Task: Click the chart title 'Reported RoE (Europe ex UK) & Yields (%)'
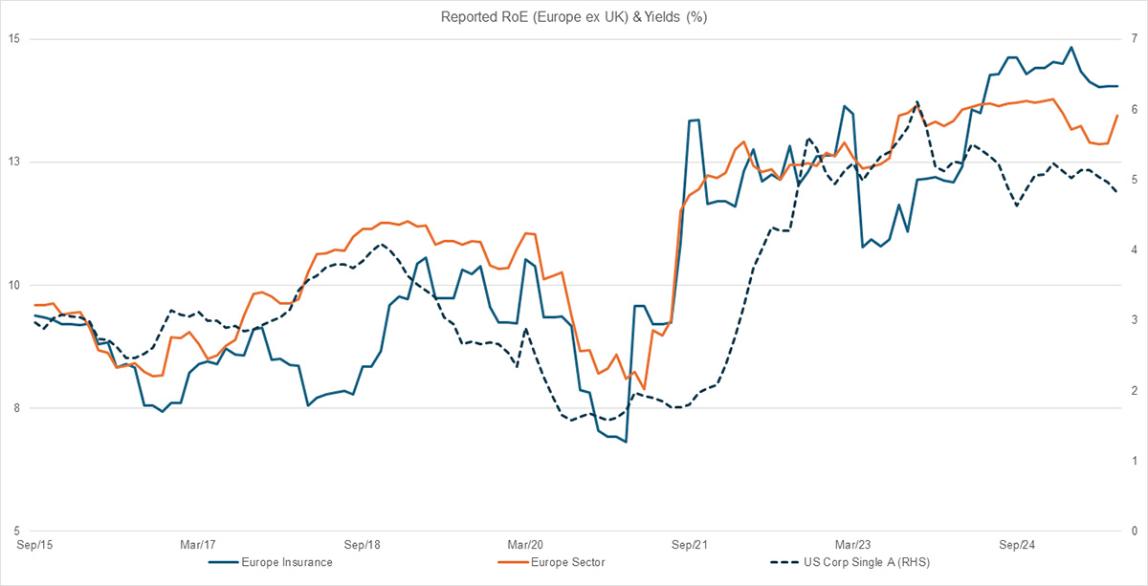(573, 17)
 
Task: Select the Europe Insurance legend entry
(287, 562)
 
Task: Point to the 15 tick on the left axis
(15, 39)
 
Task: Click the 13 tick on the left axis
(15, 163)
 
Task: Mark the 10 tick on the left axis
(15, 286)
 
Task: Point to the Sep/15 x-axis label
(33, 546)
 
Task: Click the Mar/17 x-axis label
(198, 546)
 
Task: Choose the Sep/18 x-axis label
(362, 546)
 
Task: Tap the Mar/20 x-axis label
(525, 546)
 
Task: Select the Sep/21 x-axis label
(689, 546)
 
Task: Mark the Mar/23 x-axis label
(852, 546)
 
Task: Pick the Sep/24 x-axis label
(1016, 546)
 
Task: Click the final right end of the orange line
(1117, 116)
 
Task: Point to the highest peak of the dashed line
(916, 101)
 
